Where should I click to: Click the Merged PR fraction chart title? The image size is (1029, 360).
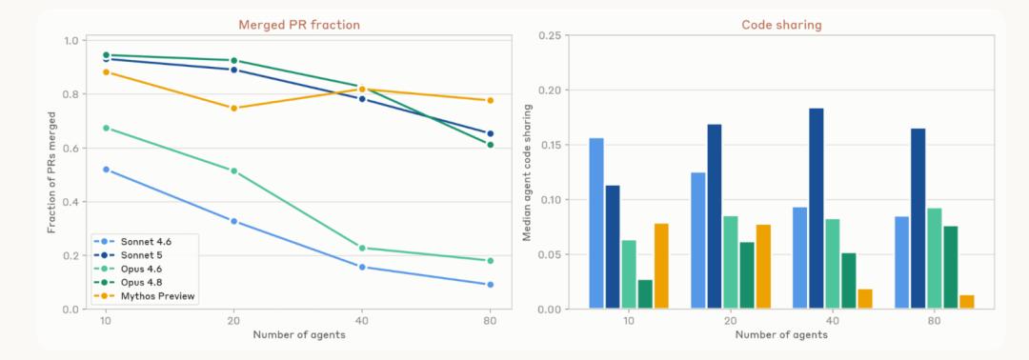(x=298, y=25)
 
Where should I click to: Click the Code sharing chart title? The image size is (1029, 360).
(x=781, y=25)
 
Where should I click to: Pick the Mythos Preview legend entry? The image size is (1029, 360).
(x=144, y=296)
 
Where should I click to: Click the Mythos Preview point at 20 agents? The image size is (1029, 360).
(x=233, y=109)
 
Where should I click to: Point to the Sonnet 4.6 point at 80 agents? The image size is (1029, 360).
(x=490, y=285)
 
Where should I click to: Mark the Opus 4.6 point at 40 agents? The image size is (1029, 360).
(x=362, y=248)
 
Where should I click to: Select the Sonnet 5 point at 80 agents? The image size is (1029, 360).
(x=490, y=133)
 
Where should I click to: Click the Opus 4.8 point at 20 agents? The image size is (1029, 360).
(x=233, y=60)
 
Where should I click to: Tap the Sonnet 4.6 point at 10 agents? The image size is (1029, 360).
(x=107, y=170)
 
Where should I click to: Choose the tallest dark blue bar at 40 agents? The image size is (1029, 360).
(x=817, y=209)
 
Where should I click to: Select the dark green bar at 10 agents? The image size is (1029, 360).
(x=645, y=294)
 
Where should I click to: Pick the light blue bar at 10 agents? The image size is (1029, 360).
(x=595, y=224)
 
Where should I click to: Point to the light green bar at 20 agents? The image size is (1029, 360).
(x=731, y=262)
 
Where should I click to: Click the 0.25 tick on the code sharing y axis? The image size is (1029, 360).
(x=550, y=35)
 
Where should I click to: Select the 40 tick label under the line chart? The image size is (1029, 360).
(x=362, y=322)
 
